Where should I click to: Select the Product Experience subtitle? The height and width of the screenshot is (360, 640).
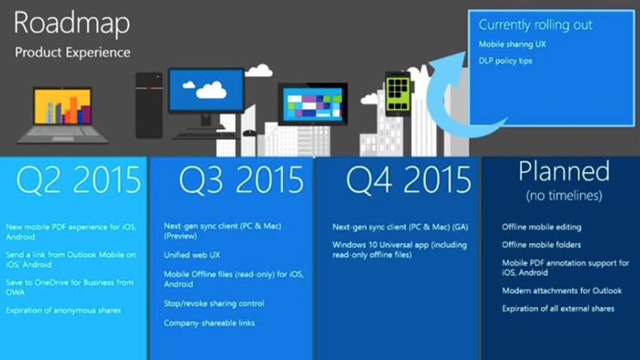click(72, 53)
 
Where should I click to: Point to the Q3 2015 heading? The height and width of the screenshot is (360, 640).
click(241, 180)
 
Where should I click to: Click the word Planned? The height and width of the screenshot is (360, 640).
click(563, 172)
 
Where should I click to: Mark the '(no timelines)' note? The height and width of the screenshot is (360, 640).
click(563, 196)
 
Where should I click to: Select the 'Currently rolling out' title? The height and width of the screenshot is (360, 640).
click(535, 25)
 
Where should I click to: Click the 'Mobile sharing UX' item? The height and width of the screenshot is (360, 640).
click(513, 44)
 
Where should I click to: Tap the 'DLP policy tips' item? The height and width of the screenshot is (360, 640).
click(505, 61)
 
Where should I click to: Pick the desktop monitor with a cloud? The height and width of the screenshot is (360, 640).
click(206, 94)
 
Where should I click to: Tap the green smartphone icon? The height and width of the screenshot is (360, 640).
click(398, 93)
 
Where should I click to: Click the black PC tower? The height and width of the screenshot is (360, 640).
click(149, 105)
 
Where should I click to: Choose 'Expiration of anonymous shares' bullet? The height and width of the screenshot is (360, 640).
click(63, 310)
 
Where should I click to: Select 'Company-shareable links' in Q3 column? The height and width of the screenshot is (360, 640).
click(209, 323)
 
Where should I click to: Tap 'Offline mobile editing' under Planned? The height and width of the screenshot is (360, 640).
click(541, 227)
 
